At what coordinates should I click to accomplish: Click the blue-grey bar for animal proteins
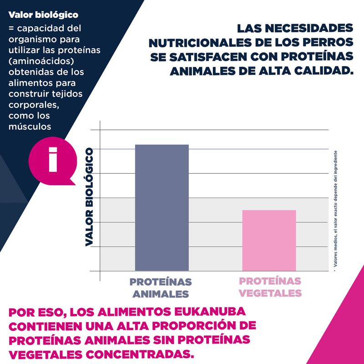(x=162, y=207)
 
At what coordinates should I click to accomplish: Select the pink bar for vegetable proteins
(x=269, y=240)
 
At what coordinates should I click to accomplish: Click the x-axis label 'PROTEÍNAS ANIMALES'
(x=161, y=288)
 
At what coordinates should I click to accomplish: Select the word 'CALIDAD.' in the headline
(x=324, y=71)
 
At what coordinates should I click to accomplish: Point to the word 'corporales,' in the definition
(x=31, y=105)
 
